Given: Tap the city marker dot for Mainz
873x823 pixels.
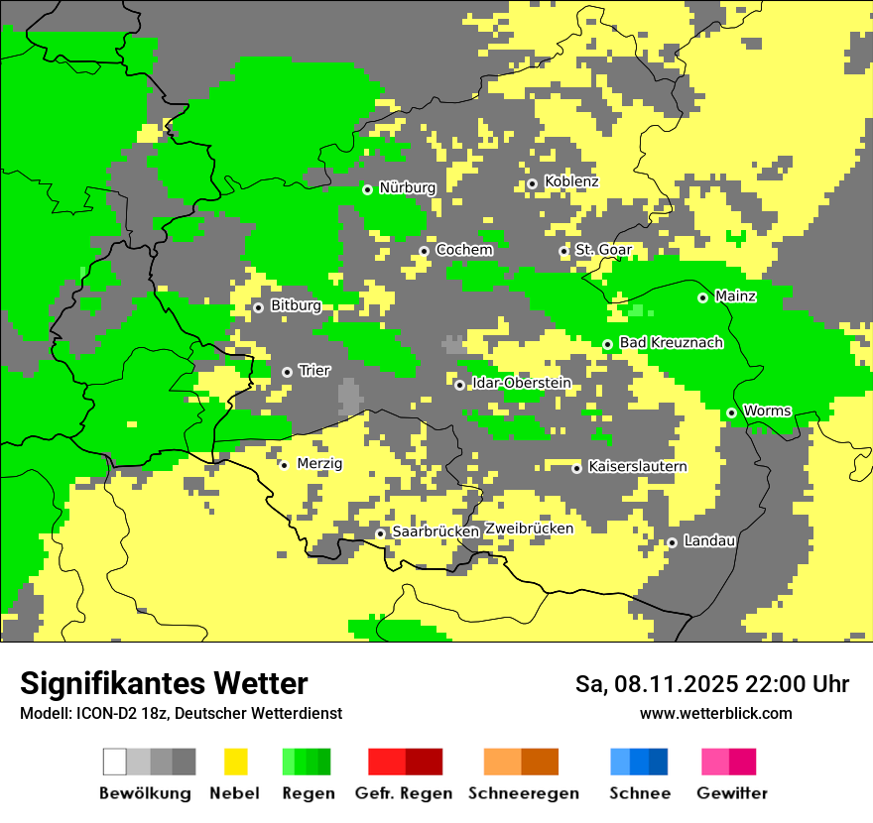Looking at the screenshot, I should [702, 297].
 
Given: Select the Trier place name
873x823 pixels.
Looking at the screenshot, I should [314, 371].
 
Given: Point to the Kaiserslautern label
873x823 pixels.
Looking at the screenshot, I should [637, 467].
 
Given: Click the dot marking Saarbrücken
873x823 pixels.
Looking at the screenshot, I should [380, 533].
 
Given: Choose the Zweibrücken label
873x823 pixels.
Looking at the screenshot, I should [529, 529].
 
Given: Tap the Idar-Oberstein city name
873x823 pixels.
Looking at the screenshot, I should [521, 384].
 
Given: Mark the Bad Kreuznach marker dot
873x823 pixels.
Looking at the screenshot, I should [607, 345].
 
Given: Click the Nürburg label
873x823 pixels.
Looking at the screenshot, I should [407, 187].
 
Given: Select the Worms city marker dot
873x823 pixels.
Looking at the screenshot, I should [731, 412].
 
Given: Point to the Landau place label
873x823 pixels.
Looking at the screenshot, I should [709, 541].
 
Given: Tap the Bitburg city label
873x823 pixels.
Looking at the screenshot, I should [296, 306].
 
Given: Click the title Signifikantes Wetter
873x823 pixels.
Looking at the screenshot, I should [164, 683].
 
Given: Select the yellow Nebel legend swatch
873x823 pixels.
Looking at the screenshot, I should [236, 762].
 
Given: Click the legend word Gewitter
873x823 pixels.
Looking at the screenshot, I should [731, 793].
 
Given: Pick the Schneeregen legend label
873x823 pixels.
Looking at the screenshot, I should [524, 793].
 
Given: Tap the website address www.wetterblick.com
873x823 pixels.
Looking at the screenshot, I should [715, 714].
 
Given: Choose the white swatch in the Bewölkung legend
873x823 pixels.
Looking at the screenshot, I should [115, 762].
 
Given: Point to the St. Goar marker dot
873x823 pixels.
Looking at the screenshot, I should [563, 252].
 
